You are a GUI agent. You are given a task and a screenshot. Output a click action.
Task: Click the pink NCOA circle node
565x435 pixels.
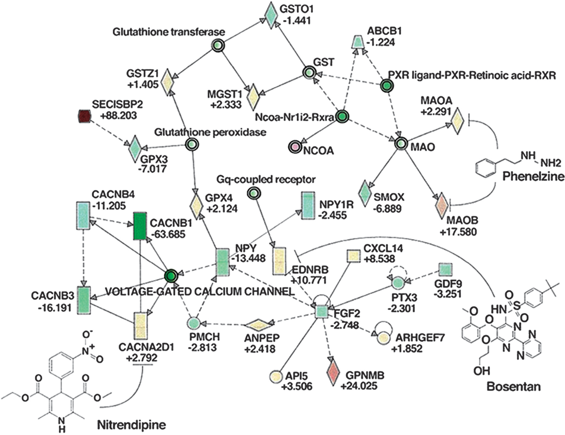[295, 147]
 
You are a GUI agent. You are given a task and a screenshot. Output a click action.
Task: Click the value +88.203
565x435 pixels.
[118, 116]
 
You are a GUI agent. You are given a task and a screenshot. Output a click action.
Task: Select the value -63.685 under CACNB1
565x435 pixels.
[168, 234]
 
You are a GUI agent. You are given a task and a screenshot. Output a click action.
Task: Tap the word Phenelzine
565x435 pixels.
[533, 176]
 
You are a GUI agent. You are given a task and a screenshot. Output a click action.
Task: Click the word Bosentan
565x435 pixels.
[514, 387]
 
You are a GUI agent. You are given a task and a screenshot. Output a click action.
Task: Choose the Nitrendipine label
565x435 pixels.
[131, 425]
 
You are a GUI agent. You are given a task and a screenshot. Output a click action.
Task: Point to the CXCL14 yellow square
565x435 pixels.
[353, 256]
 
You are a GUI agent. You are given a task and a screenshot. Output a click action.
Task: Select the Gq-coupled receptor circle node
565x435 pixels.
[253, 193]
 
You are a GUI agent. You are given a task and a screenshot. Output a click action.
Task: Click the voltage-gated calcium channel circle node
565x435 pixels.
[171, 275]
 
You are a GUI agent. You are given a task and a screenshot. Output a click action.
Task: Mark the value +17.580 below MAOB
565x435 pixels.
[458, 232]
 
